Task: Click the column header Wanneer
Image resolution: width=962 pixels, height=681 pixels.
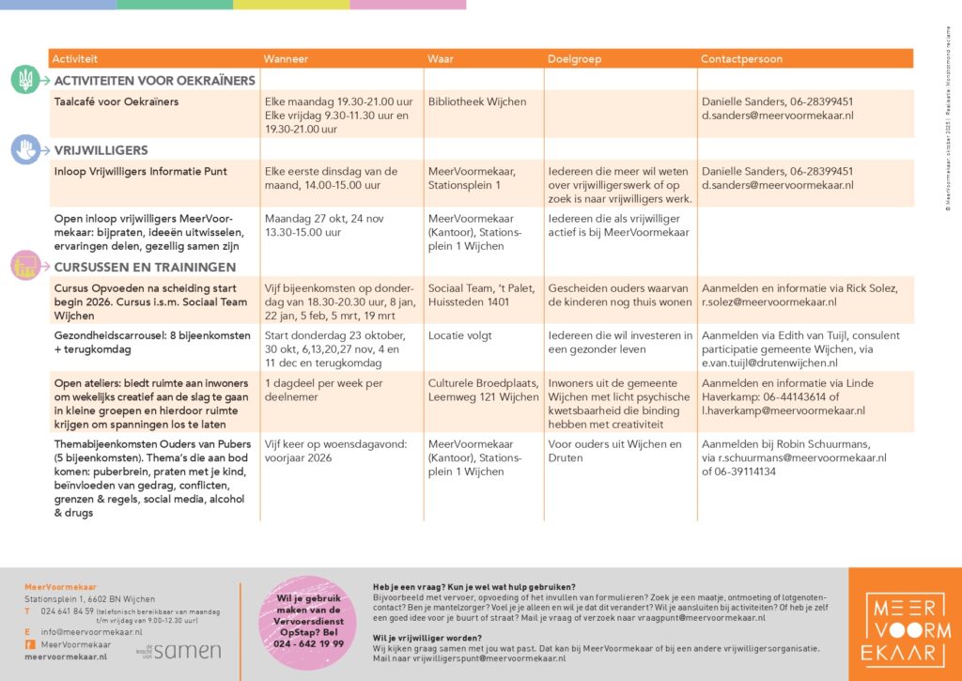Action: (286, 59)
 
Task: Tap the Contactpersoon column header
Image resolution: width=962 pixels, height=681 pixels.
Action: (741, 59)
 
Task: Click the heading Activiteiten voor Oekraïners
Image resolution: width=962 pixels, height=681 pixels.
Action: (154, 81)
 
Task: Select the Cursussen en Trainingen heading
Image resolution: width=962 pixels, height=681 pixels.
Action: (132, 267)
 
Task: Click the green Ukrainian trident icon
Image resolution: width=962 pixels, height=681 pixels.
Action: (24, 81)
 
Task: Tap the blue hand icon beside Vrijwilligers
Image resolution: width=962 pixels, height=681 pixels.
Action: (24, 150)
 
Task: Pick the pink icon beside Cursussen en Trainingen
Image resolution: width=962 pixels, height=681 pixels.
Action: (24, 267)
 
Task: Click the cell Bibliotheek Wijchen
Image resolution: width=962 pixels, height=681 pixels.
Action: (476, 101)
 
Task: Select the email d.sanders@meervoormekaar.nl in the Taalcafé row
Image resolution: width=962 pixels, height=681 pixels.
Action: (777, 116)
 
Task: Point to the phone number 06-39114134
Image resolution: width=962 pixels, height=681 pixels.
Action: (738, 472)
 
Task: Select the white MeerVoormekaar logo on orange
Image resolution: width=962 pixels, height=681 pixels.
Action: (904, 623)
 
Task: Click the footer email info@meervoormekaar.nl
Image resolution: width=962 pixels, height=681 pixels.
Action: (84, 632)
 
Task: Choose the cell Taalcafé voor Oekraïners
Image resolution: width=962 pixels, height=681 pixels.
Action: (116, 101)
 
